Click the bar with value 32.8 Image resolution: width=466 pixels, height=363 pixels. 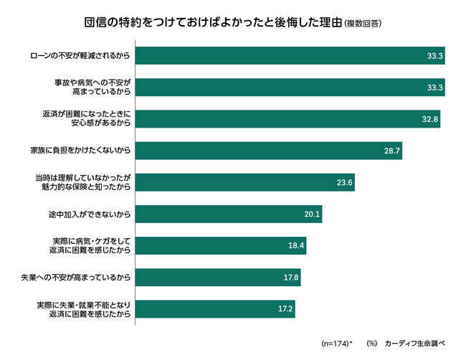(x=287, y=119)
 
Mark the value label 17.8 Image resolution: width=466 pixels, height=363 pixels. (x=291, y=277)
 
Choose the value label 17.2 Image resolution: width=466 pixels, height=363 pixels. (x=285, y=308)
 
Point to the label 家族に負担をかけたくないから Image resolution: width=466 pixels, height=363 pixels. (x=80, y=151)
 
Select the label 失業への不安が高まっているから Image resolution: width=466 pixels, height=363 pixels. (x=78, y=277)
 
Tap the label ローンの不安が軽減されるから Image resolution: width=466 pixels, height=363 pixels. (x=80, y=55)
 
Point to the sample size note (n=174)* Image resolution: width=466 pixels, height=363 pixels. (x=337, y=344)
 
